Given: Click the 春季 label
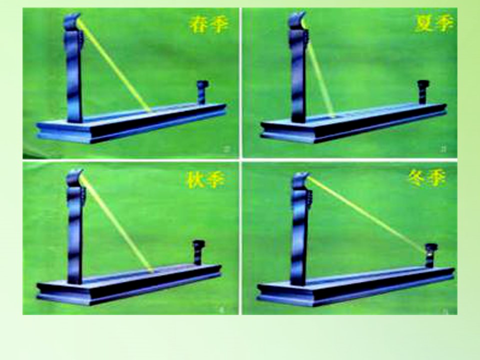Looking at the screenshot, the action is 209,24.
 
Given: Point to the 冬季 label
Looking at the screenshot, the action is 426,177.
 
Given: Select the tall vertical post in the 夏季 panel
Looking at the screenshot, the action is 298,67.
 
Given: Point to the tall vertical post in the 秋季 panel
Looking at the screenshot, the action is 75,226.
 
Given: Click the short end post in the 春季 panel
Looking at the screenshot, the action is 202,92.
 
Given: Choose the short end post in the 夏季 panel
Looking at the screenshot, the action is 423,92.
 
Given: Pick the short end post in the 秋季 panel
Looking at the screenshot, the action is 198,252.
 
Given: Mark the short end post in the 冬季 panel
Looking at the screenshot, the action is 430,255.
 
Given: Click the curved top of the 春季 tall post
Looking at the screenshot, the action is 72,21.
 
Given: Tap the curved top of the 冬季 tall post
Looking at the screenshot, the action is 300,180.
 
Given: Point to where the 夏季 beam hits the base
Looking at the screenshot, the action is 332,116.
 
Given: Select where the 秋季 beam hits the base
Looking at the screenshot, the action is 151,270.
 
